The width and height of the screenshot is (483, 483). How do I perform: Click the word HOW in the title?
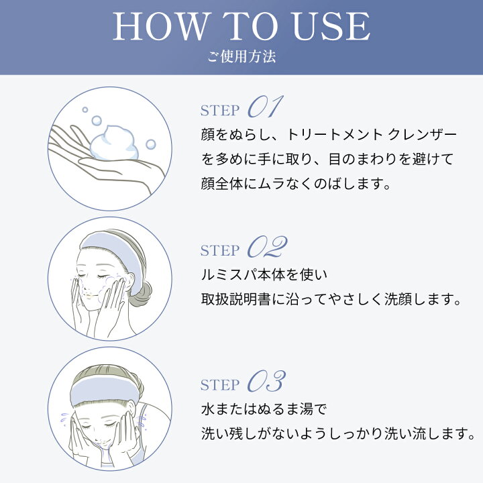point(160,26)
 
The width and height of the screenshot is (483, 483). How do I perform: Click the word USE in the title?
point(331,26)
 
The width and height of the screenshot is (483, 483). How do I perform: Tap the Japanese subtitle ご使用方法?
point(241,56)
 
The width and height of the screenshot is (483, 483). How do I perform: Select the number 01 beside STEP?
point(266,106)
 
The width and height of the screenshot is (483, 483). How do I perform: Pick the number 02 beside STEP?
point(268,246)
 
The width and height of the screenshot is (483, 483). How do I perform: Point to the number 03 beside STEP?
point(267,381)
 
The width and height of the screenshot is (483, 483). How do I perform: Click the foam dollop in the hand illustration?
point(114,143)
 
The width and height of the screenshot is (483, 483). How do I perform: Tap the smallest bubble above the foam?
point(85,109)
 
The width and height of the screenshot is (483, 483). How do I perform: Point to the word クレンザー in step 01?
point(423,135)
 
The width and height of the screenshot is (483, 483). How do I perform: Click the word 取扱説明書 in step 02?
point(236,299)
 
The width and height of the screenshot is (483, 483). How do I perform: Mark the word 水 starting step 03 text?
point(208,409)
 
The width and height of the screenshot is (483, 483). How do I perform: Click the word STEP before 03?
point(220,385)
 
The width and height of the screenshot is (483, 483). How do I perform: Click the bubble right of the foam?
point(151,144)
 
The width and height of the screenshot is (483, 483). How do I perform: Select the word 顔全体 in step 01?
point(222,184)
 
